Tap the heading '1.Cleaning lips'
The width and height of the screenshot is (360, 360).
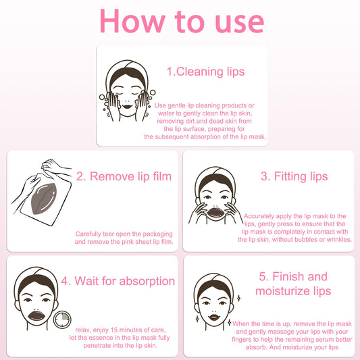pos(205,72)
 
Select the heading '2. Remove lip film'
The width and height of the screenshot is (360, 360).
pos(124,177)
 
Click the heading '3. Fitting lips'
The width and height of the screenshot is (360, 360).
pos(294,176)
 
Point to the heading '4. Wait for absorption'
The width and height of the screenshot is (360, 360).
pos(118,281)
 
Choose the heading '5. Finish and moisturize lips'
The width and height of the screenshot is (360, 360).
pos(293,284)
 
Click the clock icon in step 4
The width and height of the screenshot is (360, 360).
pos(62,320)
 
